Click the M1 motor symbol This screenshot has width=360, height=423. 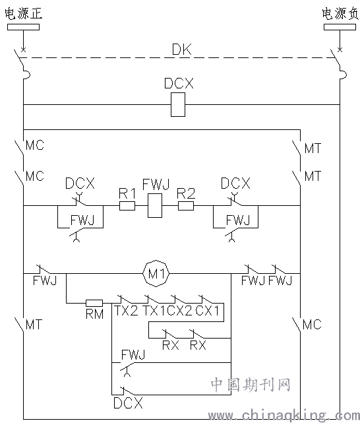coord(156,274)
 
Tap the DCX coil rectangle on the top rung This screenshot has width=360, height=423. coord(178,105)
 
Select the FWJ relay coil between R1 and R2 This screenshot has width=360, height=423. coord(155,206)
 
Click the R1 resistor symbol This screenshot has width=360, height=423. coord(127,206)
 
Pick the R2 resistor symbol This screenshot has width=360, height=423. coord(186,206)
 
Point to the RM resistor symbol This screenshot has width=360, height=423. coord(94,303)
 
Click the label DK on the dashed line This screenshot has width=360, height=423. coord(181,49)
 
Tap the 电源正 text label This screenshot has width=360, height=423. coord(24,13)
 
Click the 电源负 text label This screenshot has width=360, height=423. coord(341,13)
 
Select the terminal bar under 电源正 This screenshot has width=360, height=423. coord(24,27)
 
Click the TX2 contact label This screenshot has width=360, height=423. coord(126,311)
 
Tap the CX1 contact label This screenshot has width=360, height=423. coord(207,311)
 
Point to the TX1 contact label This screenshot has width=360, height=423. coord(154,311)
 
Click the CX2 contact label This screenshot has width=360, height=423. coord(180,311)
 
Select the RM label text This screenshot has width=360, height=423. coord(94,314)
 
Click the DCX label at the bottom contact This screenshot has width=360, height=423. coord(128,403)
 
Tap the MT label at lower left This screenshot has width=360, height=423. coord(34,325)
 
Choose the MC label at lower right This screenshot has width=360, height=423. coord(312,325)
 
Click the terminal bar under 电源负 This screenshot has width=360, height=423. coord(340,27)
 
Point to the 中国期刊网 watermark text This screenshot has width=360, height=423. coord(251,385)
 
